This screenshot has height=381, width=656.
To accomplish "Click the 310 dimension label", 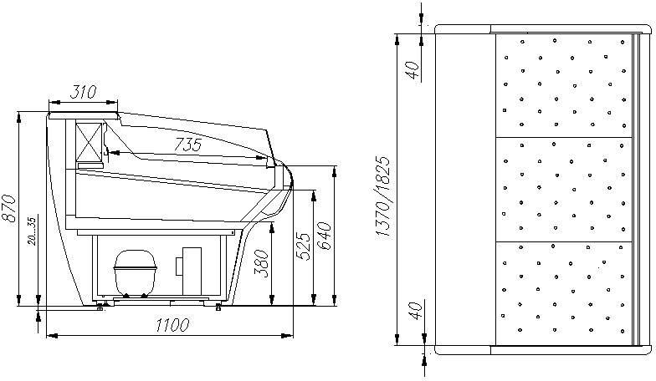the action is click(x=83, y=92).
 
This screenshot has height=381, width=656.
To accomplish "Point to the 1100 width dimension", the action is click(x=172, y=324).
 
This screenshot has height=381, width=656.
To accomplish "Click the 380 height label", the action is click(x=261, y=263).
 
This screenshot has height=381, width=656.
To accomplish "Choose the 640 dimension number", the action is click(x=325, y=236).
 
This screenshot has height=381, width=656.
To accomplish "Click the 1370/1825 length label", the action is click(x=383, y=196).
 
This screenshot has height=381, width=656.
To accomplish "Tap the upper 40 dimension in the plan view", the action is click(x=413, y=70).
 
